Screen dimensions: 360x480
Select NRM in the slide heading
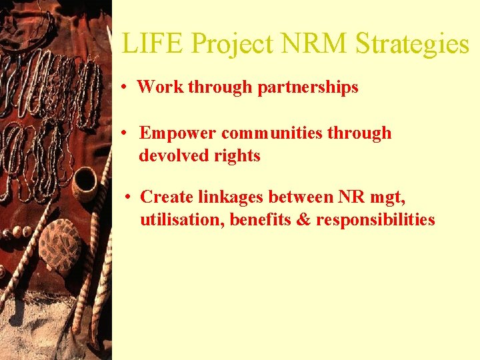[313, 44]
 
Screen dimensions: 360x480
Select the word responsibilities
[375, 219]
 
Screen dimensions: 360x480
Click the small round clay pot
[85, 184]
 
